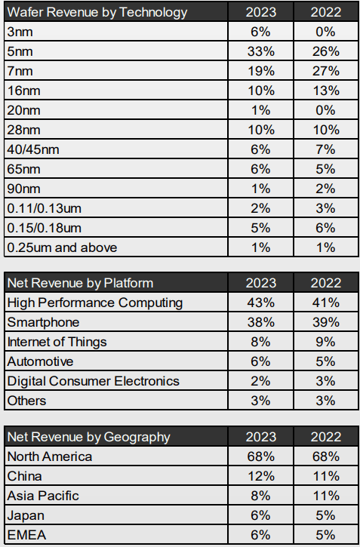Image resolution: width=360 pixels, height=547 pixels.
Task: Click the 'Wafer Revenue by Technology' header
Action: coord(97,12)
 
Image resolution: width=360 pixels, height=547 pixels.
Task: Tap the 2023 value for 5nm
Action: coord(260,51)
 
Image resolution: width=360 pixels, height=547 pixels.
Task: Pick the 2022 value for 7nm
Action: coord(325,71)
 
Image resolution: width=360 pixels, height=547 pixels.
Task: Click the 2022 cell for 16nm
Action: coord(325,91)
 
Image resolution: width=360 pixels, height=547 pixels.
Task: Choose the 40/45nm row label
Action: coord(32,149)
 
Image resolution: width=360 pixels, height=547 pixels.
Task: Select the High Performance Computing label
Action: coord(94,303)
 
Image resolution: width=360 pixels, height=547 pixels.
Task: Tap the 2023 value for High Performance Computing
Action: coord(260,303)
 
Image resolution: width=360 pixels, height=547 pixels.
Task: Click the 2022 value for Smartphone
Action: coord(325,322)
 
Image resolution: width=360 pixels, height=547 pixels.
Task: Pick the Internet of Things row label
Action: coord(57,342)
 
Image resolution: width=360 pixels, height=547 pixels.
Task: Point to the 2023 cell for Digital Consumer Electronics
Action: coord(260,381)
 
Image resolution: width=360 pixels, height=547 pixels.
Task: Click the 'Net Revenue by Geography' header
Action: coord(88,437)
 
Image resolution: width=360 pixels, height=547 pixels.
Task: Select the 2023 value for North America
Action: coord(260,456)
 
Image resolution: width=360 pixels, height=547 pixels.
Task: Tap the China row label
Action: coord(24,476)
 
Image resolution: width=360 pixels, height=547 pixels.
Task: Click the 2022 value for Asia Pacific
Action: coord(325,496)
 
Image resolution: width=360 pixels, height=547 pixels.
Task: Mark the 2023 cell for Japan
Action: coord(260,515)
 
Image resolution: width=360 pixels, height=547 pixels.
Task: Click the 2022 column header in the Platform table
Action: coord(325,283)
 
